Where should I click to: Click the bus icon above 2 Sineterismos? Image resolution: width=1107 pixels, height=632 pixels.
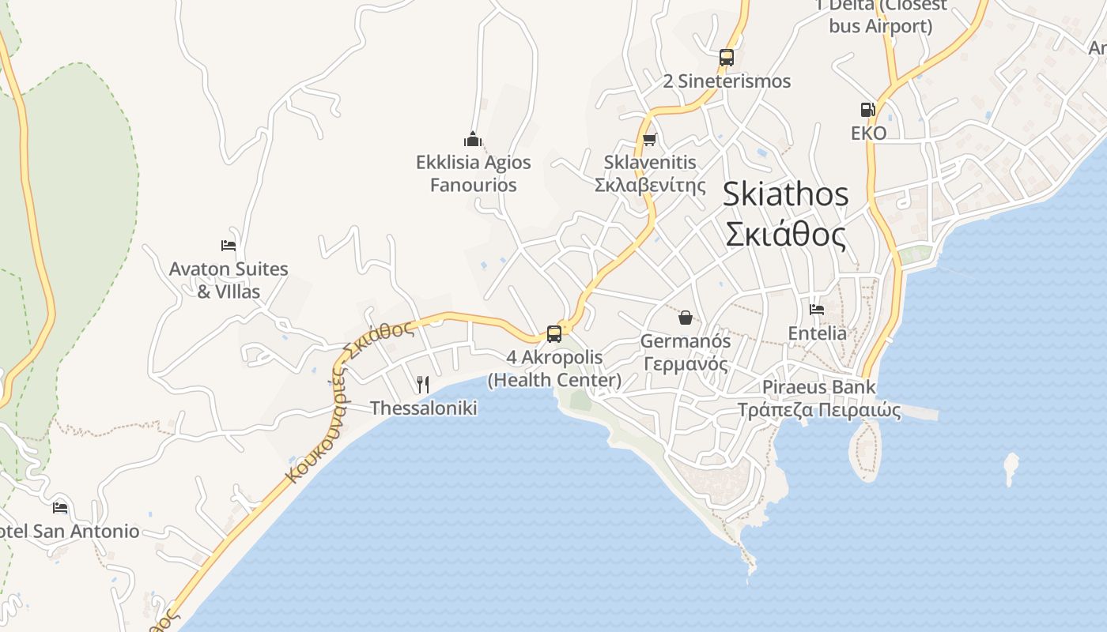pos(727,58)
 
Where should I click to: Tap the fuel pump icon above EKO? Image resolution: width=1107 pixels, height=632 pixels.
pos(867,110)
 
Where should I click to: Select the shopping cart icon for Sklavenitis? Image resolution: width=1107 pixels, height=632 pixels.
pos(649,140)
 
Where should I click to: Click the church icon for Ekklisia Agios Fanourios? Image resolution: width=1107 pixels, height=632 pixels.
pos(473,140)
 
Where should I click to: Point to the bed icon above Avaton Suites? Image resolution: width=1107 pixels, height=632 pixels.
pos(229,246)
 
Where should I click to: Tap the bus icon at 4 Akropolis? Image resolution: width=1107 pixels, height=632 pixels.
pos(554,334)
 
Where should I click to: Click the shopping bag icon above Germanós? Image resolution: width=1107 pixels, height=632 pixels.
pos(685,318)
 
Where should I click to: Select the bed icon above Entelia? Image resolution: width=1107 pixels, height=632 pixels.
pos(817,310)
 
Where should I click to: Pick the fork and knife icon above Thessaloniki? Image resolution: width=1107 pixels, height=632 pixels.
pos(423,385)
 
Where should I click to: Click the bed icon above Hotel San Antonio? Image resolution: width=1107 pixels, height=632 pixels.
pos(60,508)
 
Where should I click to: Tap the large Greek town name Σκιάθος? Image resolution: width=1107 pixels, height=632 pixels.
pos(785,235)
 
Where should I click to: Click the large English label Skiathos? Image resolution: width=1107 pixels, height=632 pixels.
pos(785,194)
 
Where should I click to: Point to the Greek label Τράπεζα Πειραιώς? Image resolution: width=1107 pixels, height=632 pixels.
pos(819,410)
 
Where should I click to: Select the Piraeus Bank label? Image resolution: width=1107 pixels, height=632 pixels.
pos(819,387)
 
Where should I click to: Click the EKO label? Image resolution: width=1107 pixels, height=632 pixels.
pos(868,133)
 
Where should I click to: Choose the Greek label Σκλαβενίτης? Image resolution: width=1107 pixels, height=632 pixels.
pos(650,186)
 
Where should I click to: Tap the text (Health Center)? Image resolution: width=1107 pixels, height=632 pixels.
pos(554,380)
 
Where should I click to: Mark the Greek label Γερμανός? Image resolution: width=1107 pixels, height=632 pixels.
pos(685,364)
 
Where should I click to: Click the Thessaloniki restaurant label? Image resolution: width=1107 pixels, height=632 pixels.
pos(424,408)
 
